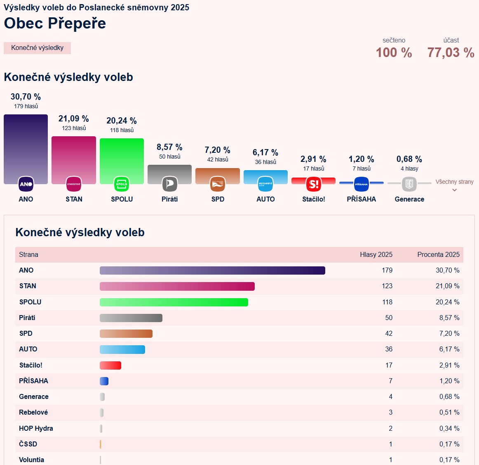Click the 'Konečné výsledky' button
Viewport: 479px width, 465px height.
point(37,48)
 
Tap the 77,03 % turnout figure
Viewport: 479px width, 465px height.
point(451,52)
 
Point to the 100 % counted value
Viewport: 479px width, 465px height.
point(394,52)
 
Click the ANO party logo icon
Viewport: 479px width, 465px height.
point(26,184)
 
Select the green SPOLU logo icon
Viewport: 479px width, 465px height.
point(122,184)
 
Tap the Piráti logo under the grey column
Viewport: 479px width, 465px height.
point(169,184)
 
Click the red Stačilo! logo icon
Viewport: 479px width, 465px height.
point(314,184)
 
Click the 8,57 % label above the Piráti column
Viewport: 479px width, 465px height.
point(169,147)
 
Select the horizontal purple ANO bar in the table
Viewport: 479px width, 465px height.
point(212,270)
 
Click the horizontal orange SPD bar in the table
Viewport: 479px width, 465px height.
point(126,334)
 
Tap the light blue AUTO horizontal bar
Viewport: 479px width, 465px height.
point(122,349)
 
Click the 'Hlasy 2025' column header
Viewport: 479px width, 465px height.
point(376,254)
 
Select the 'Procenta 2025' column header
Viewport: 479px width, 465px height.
point(438,254)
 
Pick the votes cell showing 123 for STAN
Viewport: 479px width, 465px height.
point(387,286)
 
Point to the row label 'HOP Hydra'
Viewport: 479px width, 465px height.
point(36,428)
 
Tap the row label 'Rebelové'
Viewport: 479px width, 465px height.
point(33,412)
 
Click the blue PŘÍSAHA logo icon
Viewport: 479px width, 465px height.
point(362,184)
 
